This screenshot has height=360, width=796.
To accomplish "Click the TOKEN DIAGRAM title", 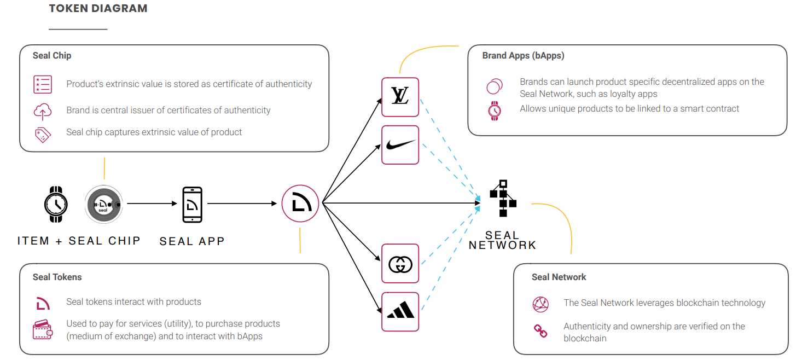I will pyautogui.click(x=98, y=9).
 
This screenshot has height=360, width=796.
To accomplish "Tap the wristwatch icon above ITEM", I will pyautogui.click(x=56, y=204).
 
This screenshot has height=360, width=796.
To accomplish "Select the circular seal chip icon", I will pyautogui.click(x=104, y=204).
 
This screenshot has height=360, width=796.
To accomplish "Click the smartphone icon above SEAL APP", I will pyautogui.click(x=192, y=205).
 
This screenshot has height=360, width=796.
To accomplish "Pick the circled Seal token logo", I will pyautogui.click(x=300, y=204).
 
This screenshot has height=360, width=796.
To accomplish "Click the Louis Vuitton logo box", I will pyautogui.click(x=400, y=97).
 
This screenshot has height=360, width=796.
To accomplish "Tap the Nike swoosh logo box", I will pyautogui.click(x=400, y=145).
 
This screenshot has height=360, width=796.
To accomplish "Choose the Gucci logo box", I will pyautogui.click(x=400, y=264).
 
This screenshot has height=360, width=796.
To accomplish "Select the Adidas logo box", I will pyautogui.click(x=400, y=311).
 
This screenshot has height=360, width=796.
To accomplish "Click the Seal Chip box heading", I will pyautogui.click(x=52, y=55).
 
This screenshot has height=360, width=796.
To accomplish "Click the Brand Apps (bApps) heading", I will pyautogui.click(x=523, y=55).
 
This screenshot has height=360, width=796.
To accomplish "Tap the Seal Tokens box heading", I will pyautogui.click(x=57, y=277).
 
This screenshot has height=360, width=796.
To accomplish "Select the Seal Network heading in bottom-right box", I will pyautogui.click(x=559, y=277).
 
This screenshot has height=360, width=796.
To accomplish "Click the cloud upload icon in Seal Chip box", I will pyautogui.click(x=43, y=112).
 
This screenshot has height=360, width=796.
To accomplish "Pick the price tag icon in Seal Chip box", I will pyautogui.click(x=43, y=134).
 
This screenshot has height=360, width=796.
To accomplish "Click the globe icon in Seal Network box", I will pyautogui.click(x=541, y=304).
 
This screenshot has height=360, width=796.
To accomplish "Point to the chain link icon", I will pyautogui.click(x=541, y=330).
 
